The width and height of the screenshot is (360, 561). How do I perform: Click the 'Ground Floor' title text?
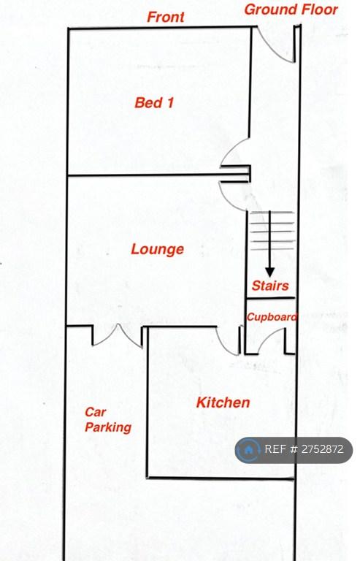[291, 9]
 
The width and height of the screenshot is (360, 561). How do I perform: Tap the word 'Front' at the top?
[166, 17]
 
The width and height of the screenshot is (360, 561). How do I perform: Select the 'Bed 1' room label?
[154, 103]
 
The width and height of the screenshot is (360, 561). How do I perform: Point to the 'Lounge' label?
[157, 249]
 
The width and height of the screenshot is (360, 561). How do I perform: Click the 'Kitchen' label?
[223, 402]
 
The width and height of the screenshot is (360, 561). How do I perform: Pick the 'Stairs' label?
[270, 286]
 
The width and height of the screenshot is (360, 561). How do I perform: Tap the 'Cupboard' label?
[272, 317]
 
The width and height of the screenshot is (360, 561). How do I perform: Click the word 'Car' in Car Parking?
[95, 412]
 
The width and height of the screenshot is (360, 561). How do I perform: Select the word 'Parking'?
[108, 427]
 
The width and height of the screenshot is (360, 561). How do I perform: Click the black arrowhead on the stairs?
[270, 272]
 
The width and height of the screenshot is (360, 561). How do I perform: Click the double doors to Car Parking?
[118, 336]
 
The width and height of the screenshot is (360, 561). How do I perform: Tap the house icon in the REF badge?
[248, 449]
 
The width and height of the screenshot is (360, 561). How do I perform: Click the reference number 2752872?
[323, 449]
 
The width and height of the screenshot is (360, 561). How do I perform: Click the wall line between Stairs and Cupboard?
[271, 298]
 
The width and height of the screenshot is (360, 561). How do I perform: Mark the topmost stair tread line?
[272, 213]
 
